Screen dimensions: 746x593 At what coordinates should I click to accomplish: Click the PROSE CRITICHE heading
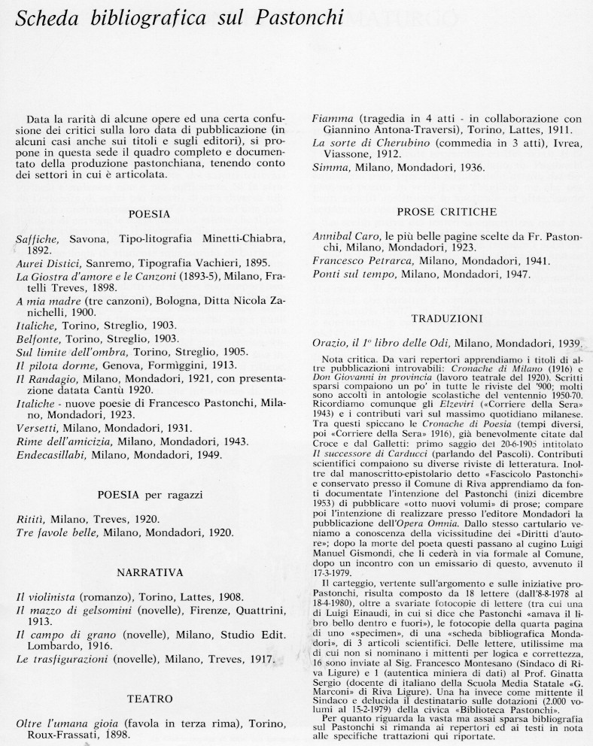pyautogui.click(x=446, y=212)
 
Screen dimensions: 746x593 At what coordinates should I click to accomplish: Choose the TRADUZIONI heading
pyautogui.click(x=446, y=318)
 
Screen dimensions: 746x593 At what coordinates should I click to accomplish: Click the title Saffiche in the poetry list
pyautogui.click(x=38, y=239)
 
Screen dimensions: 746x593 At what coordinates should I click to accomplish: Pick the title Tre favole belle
pyautogui.click(x=62, y=532)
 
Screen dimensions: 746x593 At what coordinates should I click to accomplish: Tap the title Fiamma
pyautogui.click(x=332, y=118)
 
